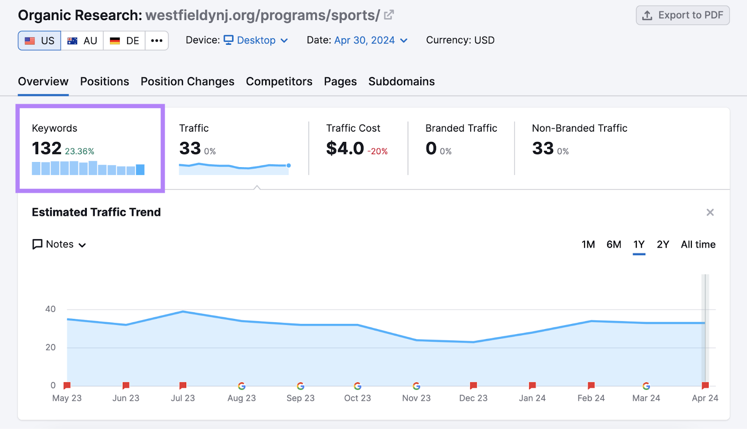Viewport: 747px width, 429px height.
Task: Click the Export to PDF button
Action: pyautogui.click(x=683, y=15)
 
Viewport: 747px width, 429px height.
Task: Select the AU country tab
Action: pyautogui.click(x=82, y=41)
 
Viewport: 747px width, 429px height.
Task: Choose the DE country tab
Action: pyautogui.click(x=124, y=41)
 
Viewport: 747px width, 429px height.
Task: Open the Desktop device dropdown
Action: pyautogui.click(x=256, y=40)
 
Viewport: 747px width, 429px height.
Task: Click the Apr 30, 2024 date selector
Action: pyautogui.click(x=364, y=40)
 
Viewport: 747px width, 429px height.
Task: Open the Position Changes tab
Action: pyautogui.click(x=187, y=81)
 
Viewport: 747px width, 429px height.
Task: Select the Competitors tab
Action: pyautogui.click(x=279, y=81)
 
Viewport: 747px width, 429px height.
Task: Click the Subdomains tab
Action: pyautogui.click(x=401, y=81)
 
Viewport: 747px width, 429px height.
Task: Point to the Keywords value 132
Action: pyautogui.click(x=47, y=148)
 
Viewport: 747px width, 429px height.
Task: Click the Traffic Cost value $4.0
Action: pyautogui.click(x=345, y=148)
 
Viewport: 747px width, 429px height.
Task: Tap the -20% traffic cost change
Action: pyautogui.click(x=377, y=151)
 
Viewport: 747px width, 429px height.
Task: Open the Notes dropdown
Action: pyautogui.click(x=59, y=244)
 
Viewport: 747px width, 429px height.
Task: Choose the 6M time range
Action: pyautogui.click(x=613, y=244)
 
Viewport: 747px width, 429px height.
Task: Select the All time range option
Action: pyautogui.click(x=698, y=244)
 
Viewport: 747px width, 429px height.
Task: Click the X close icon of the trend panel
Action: pyautogui.click(x=710, y=212)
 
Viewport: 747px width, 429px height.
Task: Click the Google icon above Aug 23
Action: pyautogui.click(x=241, y=386)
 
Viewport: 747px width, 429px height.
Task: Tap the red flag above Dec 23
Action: pyautogui.click(x=473, y=386)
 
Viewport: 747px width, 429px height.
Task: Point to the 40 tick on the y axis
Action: pyautogui.click(x=50, y=309)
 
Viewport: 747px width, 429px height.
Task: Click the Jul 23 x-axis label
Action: pyautogui.click(x=183, y=398)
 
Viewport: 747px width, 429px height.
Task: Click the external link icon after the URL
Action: pyautogui.click(x=388, y=15)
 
